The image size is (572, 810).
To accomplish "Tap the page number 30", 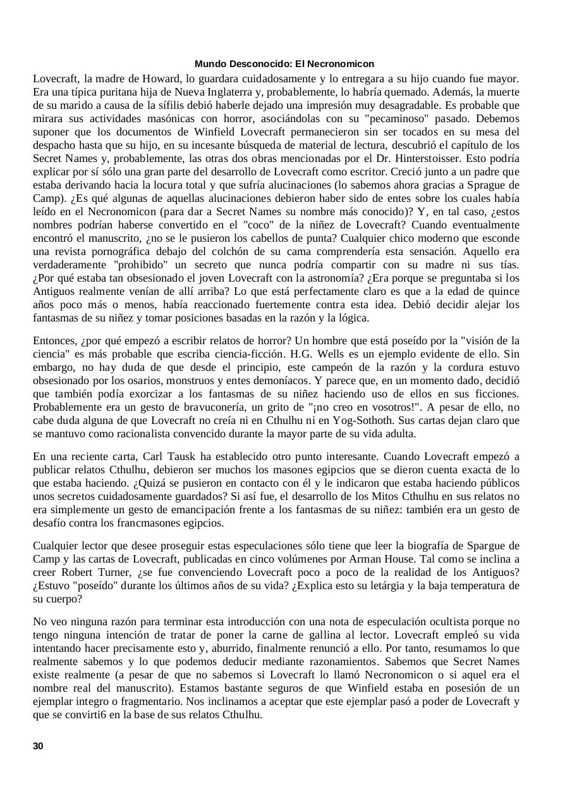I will click(x=38, y=746).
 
